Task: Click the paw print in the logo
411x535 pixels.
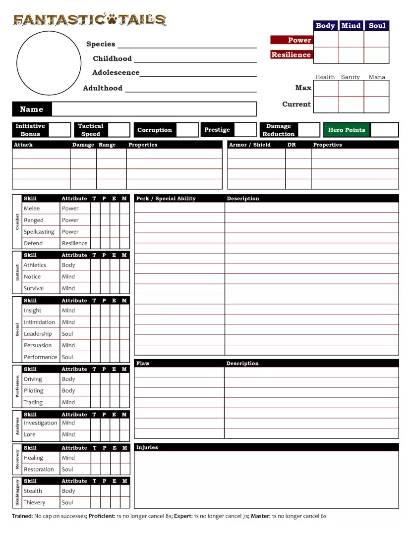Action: [x=113, y=20]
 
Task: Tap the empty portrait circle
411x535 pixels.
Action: [x=49, y=63]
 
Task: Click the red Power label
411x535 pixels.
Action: [x=291, y=40]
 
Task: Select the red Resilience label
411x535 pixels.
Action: [x=291, y=54]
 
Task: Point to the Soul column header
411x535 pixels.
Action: [x=377, y=26]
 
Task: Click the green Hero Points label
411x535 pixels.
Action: [x=347, y=130]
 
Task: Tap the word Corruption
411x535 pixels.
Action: [x=155, y=130]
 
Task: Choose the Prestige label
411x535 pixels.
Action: [x=217, y=130]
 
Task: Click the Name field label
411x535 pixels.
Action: [x=31, y=109]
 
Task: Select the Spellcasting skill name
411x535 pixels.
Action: [x=39, y=232]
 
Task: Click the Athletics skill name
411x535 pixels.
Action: [x=35, y=265]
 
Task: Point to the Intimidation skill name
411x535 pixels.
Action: [x=40, y=322]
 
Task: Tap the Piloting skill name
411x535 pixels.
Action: [x=34, y=391]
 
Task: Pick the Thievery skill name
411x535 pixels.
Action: [x=35, y=502]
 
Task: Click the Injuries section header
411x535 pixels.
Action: [x=147, y=447]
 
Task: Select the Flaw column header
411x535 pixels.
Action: [x=143, y=363]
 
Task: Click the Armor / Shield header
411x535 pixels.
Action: [x=250, y=145]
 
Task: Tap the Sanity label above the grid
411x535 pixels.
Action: [x=351, y=77]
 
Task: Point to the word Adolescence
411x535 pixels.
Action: [x=116, y=72]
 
